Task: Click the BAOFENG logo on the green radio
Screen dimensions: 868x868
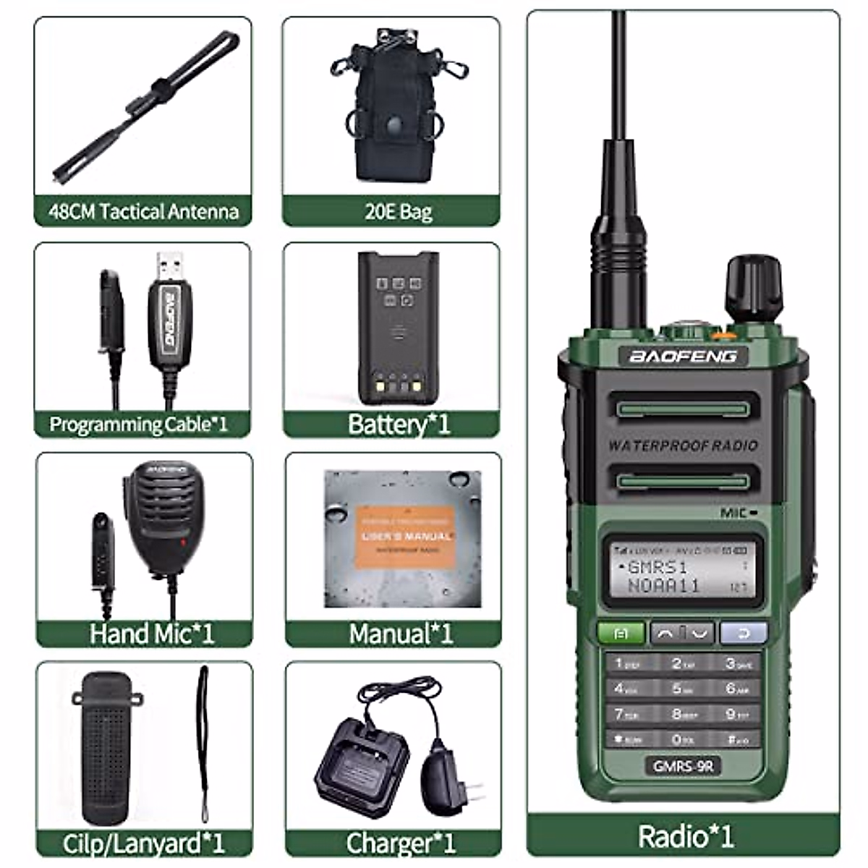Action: [682, 356]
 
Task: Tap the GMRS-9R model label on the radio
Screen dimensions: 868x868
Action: [681, 765]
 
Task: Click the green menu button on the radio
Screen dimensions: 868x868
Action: [621, 634]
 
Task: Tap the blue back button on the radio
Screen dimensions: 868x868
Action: [743, 634]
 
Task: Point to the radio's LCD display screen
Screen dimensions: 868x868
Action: [681, 569]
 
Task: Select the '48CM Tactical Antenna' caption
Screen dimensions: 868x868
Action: [143, 212]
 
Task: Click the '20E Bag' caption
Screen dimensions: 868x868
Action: [398, 212]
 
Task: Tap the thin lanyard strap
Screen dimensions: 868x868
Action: [204, 745]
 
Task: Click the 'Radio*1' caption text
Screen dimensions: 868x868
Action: [685, 836]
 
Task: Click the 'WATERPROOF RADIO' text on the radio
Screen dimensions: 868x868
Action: [682, 446]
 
